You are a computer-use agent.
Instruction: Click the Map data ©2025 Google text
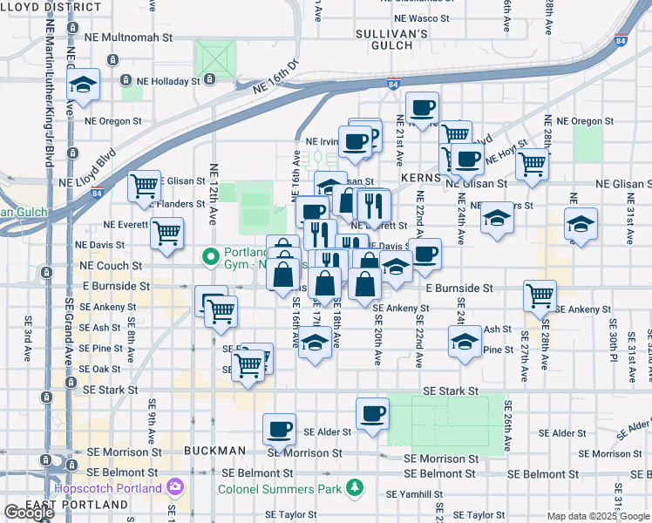(598, 516)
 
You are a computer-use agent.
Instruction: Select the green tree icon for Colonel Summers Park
(354, 486)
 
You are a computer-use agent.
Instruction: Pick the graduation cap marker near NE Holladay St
(84, 85)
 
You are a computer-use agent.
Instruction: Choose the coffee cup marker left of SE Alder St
(280, 429)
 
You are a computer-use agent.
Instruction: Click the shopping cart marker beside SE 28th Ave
(540, 295)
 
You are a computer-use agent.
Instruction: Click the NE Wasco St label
(421, 17)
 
